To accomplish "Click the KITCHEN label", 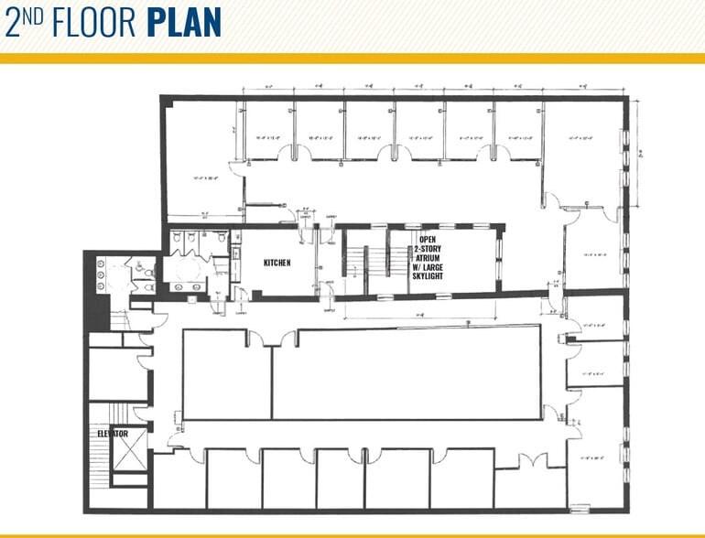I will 277,263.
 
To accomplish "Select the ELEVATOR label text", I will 113,433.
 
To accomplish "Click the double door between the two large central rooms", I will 273,338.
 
